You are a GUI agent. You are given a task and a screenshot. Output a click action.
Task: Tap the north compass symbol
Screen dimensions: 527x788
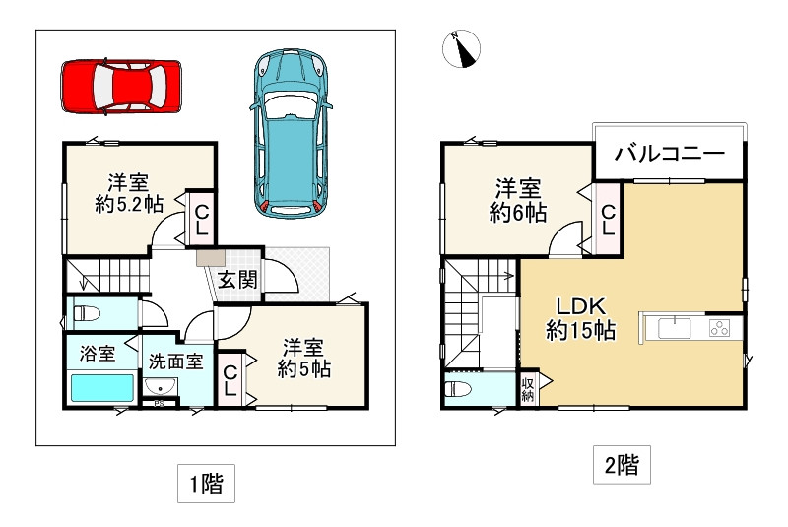pyautogui.click(x=463, y=50)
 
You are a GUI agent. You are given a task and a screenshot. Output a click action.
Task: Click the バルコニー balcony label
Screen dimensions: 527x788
pyautogui.click(x=670, y=154)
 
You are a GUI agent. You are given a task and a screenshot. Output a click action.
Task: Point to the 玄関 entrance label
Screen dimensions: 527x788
pyautogui.click(x=236, y=280)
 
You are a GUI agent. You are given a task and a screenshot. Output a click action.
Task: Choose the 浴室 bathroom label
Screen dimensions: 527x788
pyautogui.click(x=91, y=352)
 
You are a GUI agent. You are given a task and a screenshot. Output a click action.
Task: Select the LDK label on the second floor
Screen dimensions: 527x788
pyautogui.click(x=581, y=304)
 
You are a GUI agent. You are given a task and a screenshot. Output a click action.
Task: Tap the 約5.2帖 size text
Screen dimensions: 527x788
pyautogui.click(x=128, y=205)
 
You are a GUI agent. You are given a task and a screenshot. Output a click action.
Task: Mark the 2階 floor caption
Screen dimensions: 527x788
pyautogui.click(x=621, y=465)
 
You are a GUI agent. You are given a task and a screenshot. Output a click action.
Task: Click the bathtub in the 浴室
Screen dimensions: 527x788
pyautogui.click(x=101, y=387)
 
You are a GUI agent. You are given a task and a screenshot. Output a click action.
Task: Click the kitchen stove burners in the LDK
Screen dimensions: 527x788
pyautogui.click(x=722, y=328)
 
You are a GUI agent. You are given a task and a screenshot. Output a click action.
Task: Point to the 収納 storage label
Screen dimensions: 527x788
pyautogui.click(x=528, y=388)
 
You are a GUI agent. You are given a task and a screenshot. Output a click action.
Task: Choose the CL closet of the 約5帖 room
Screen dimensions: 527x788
pyautogui.click(x=229, y=380)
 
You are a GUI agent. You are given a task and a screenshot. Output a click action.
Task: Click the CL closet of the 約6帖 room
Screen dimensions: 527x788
pyautogui.click(x=608, y=219)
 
